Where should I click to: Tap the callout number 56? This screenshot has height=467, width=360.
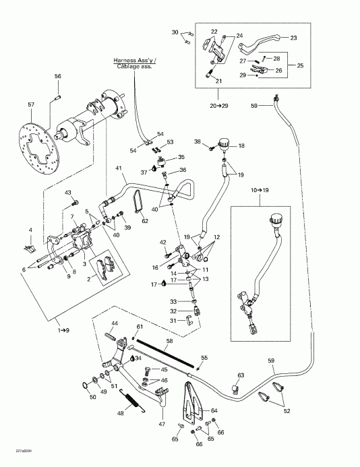58,76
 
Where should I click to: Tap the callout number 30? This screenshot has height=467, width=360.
175,32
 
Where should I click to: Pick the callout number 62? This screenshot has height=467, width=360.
144,220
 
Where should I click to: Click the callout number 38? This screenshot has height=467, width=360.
198,142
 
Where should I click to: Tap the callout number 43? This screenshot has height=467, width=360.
68,193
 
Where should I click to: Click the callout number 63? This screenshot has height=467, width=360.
240,375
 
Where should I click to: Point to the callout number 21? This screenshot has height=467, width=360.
217,80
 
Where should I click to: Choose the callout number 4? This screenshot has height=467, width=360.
30,231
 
